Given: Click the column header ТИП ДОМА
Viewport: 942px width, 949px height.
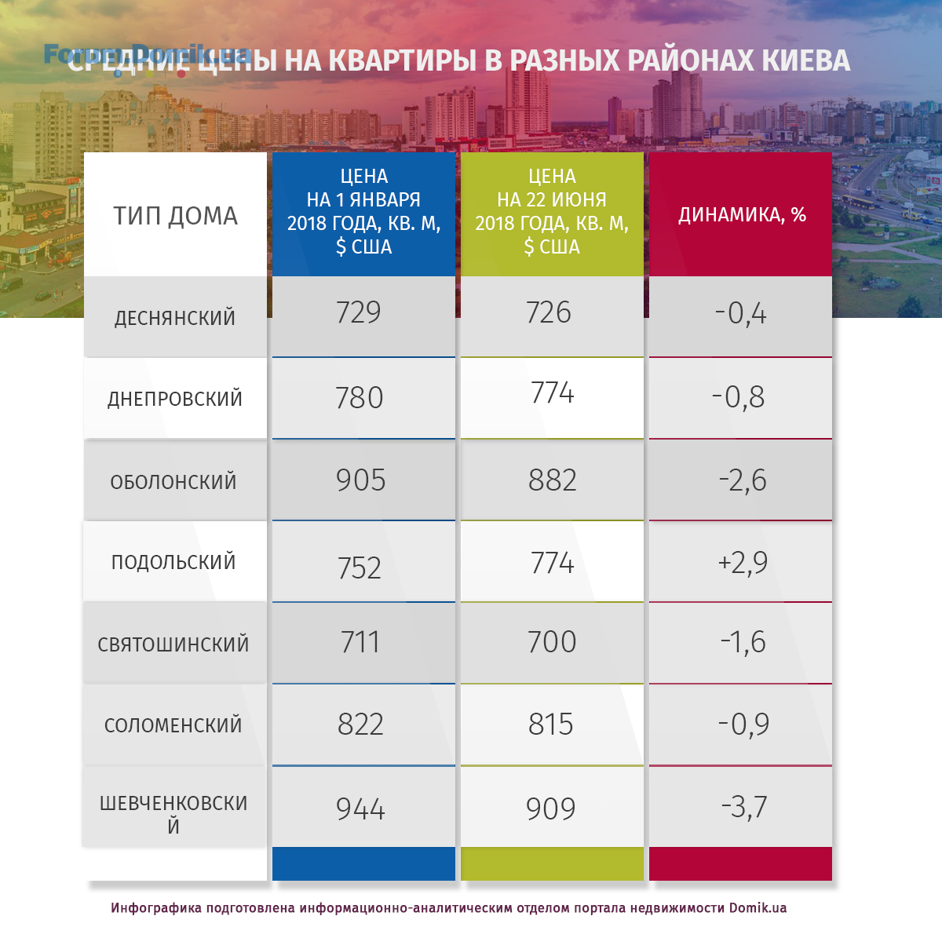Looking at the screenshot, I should click(175, 216).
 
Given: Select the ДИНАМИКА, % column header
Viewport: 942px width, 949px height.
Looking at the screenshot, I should click(742, 215).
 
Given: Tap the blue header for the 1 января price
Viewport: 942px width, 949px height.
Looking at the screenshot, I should click(363, 211).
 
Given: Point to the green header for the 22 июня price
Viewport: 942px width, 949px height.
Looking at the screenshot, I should click(552, 211).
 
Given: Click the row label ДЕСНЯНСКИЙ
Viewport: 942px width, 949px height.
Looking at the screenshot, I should click(175, 318).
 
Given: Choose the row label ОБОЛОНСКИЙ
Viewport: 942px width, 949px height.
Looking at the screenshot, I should click(173, 482).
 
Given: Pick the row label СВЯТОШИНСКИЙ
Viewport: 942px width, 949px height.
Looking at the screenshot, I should click(173, 644).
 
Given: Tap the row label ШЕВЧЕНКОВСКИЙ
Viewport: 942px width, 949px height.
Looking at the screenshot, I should click(173, 814).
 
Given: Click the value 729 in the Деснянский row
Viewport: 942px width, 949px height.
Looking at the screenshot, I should click(359, 312).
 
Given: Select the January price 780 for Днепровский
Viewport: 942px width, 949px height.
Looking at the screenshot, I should click(360, 398).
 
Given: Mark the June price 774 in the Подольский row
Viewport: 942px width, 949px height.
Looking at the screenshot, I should click(553, 563).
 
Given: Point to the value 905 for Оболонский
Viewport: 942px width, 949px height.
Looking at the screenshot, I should click(361, 480).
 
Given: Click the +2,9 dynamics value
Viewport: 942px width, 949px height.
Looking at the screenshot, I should click(743, 562).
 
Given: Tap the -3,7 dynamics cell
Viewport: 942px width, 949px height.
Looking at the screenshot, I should click(744, 807).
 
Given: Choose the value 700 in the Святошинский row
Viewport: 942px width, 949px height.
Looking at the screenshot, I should click(552, 642).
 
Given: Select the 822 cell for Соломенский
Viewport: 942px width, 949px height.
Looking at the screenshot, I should click(361, 725).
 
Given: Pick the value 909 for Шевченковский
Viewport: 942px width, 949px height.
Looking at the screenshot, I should click(551, 808).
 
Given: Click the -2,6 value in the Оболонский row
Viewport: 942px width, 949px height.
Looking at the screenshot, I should click(743, 480).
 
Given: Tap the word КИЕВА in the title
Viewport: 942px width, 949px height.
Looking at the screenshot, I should click(805, 60).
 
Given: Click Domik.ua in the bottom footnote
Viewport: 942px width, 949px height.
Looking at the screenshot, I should click(758, 908).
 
